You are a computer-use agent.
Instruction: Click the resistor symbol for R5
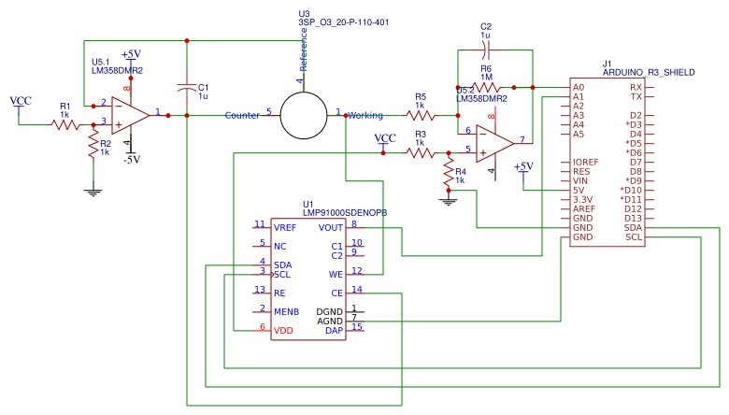[421, 115]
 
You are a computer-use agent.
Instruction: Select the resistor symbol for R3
[421, 152]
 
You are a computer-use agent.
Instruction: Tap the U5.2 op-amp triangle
[493, 142]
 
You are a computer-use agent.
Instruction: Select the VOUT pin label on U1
[331, 226]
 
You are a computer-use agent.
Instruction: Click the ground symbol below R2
[93, 192]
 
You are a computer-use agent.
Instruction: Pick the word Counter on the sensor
[242, 115]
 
